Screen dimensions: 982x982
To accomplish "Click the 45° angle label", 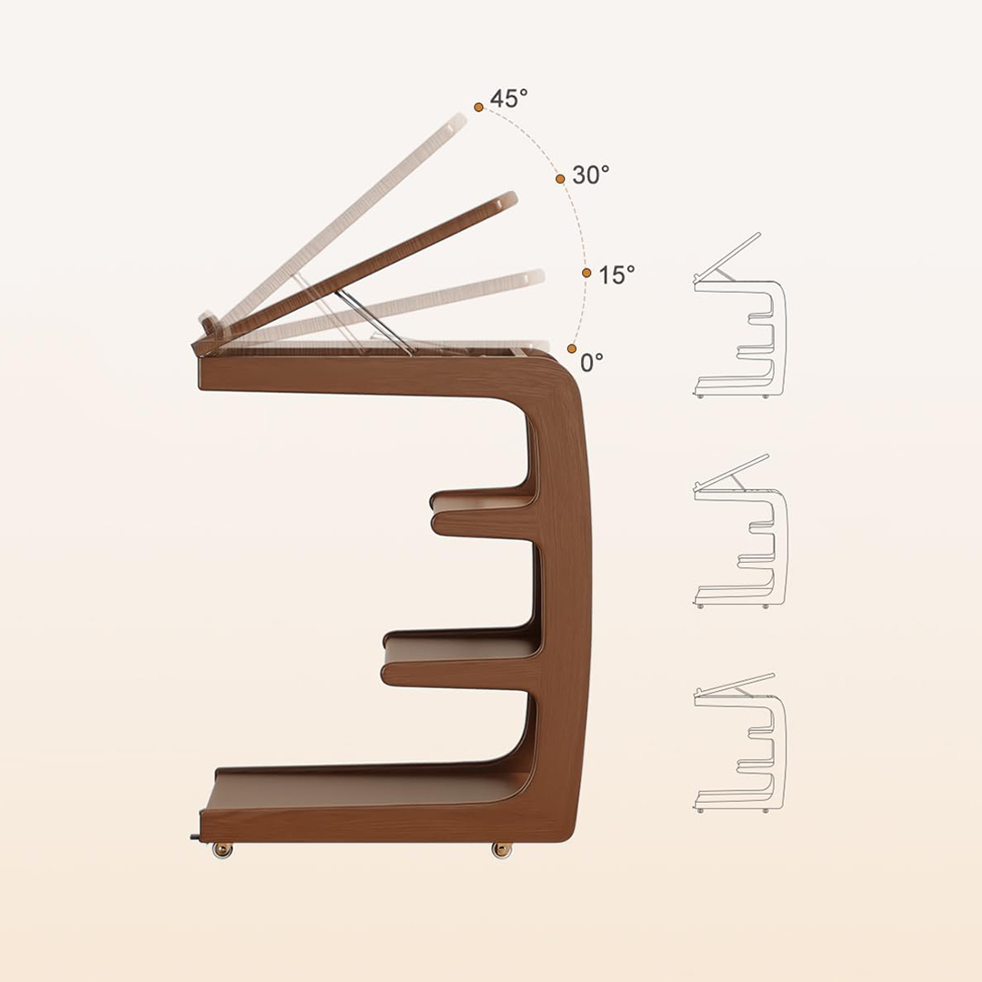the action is click(x=508, y=98).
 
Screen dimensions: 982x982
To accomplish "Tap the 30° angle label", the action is click(x=591, y=175).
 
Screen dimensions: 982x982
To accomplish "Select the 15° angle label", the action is click(x=616, y=275).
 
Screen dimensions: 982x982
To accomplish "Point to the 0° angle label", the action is click(x=591, y=362).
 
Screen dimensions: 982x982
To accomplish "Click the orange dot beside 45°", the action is click(x=478, y=107).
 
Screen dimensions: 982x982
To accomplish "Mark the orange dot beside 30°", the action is click(x=560, y=179).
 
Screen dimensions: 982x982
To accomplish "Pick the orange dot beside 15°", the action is click(x=586, y=273).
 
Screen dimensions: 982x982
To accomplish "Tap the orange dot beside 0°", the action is click(x=571, y=349).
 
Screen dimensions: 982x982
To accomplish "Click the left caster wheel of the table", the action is click(x=223, y=850).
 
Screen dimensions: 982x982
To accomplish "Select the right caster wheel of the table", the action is click(x=501, y=850).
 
